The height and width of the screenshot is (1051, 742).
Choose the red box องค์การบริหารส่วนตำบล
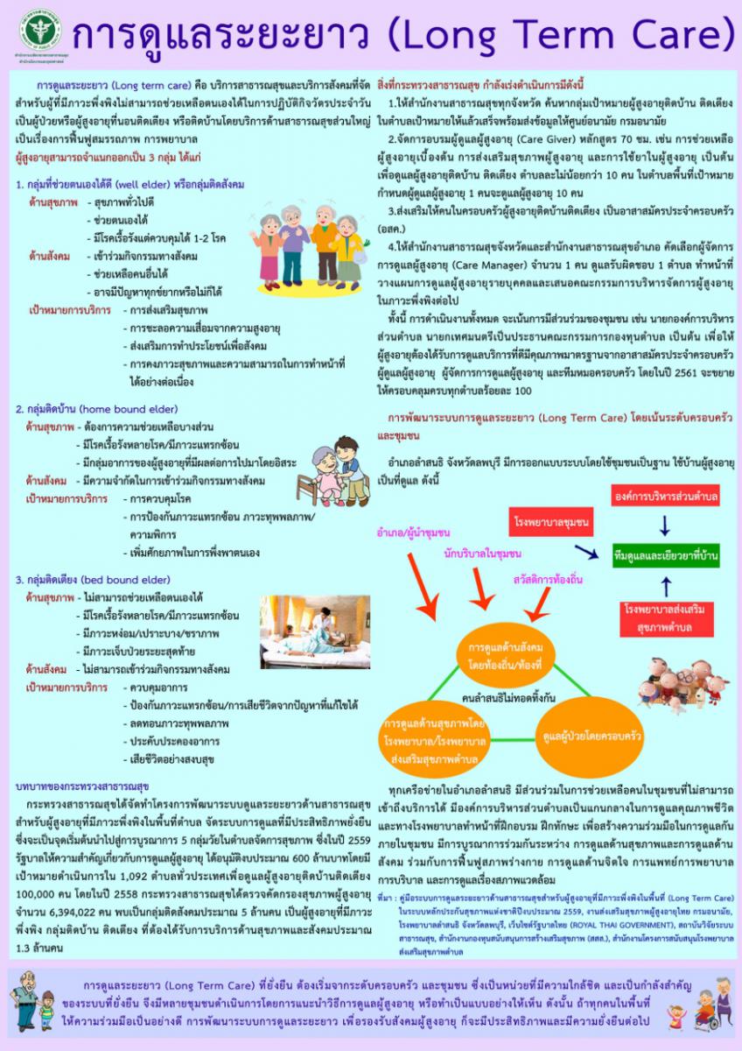(x=666, y=497)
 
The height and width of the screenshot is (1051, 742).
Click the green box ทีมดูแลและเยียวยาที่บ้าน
(x=667, y=555)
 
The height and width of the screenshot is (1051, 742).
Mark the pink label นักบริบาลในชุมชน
(x=482, y=554)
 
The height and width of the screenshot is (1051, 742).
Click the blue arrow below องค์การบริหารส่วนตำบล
(x=665, y=526)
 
